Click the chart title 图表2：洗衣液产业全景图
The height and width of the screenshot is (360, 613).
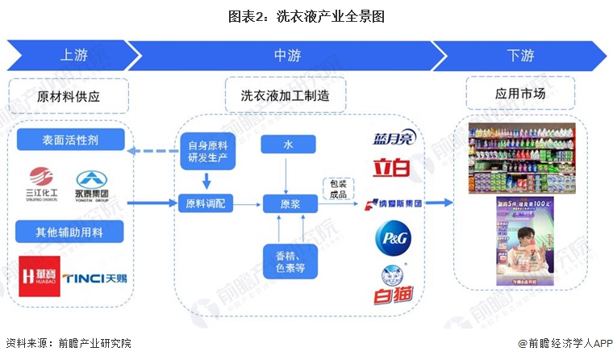(x=306, y=15)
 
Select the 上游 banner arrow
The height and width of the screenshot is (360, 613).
(x=69, y=56)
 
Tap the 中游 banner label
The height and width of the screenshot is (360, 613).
(x=287, y=56)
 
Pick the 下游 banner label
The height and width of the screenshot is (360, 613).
(x=519, y=56)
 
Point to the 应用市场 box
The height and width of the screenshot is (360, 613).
(x=519, y=94)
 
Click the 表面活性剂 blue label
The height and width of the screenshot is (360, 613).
(x=71, y=140)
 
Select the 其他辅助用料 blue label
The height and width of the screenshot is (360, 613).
(x=71, y=233)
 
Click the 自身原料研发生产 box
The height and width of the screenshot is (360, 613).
(x=206, y=150)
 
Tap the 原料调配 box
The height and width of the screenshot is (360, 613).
(x=206, y=203)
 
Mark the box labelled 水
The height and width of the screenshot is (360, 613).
(x=288, y=144)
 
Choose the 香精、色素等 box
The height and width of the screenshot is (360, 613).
(x=288, y=262)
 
